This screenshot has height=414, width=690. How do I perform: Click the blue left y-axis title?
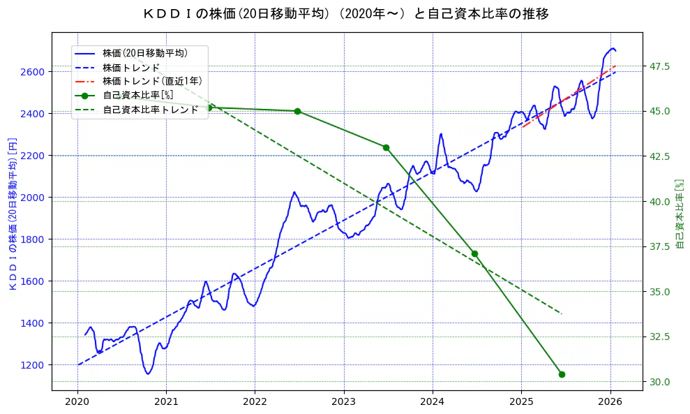click(x=12, y=214)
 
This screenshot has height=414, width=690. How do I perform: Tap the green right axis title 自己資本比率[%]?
click(x=681, y=214)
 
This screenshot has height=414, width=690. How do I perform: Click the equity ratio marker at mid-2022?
click(x=297, y=111)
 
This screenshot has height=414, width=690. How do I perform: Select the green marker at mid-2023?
click(x=386, y=147)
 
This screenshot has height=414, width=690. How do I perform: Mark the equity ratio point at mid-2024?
click(x=474, y=253)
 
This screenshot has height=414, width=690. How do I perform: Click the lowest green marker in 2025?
click(x=562, y=374)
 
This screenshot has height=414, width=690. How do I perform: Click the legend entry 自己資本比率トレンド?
click(x=150, y=109)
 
